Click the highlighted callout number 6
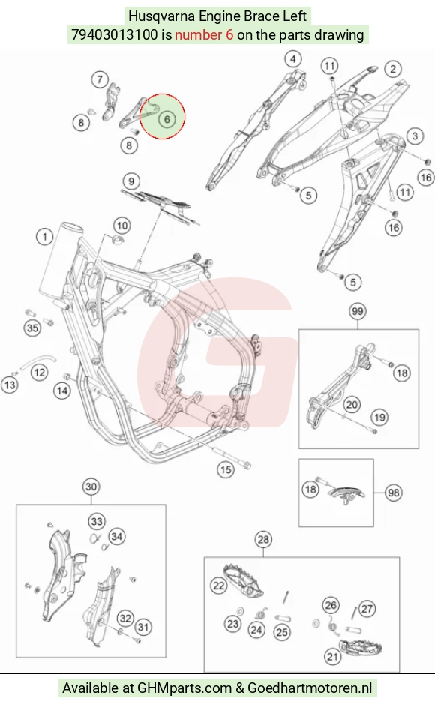(x=167, y=119)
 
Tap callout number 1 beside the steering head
(x=44, y=237)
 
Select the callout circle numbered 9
(x=131, y=181)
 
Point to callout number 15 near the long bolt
(x=225, y=469)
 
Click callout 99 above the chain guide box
(x=357, y=311)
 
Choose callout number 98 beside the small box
(x=394, y=493)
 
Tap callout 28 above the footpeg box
(x=263, y=539)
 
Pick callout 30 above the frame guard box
(x=91, y=487)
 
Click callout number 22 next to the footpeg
(x=218, y=586)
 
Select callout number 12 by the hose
(x=40, y=372)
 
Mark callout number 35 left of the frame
(x=32, y=328)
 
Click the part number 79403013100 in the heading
(x=115, y=34)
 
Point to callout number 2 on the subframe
(x=393, y=69)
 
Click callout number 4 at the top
(x=293, y=58)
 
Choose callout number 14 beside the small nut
(x=62, y=391)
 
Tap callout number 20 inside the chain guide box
(x=352, y=405)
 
